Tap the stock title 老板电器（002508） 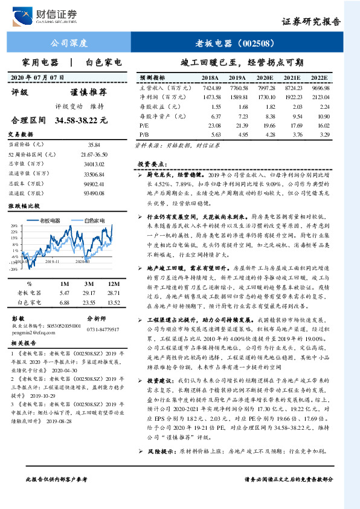(236, 43)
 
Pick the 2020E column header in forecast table (264, 78)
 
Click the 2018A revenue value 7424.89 (210, 88)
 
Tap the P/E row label (144, 125)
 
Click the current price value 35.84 (93, 145)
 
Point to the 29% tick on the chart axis (14, 225)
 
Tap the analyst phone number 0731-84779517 (103, 329)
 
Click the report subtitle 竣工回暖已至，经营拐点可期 (242, 62)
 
